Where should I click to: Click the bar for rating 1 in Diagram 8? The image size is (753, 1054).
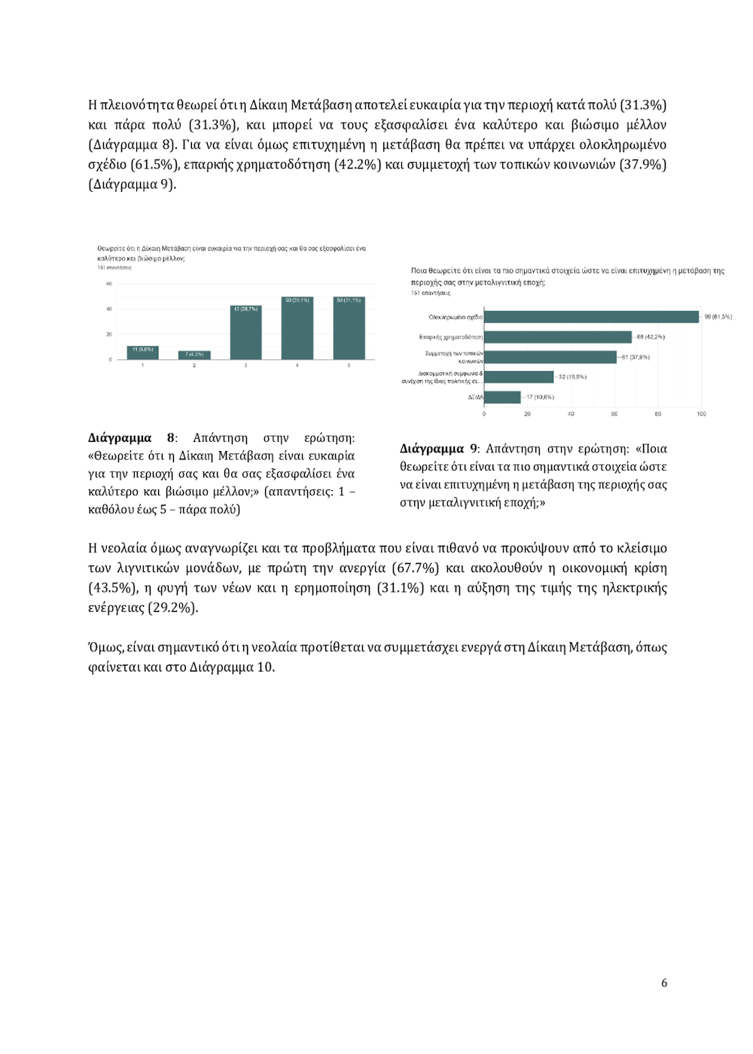coord(143,352)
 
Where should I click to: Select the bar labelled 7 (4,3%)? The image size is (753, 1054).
coord(194,355)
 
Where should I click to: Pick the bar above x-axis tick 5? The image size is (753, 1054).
coord(349,328)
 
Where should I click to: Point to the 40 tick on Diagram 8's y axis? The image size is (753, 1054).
coord(109,309)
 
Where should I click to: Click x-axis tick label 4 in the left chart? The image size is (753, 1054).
coord(297,365)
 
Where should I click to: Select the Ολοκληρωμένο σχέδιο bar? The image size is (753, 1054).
coord(591,317)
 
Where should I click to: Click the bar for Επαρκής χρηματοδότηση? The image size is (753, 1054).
coord(557,337)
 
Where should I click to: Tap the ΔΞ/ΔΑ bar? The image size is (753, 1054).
coord(502,397)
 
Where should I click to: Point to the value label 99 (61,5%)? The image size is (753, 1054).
coord(718,317)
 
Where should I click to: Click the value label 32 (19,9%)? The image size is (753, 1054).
coord(572,376)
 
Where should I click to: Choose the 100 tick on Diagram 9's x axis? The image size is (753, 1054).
coord(701,414)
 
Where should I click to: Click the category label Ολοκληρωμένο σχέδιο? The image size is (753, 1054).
coord(456,317)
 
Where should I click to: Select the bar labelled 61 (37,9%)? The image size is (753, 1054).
coord(550,357)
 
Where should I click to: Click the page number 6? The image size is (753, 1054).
coord(663,982)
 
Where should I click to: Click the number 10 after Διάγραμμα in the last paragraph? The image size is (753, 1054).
coord(264,667)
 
